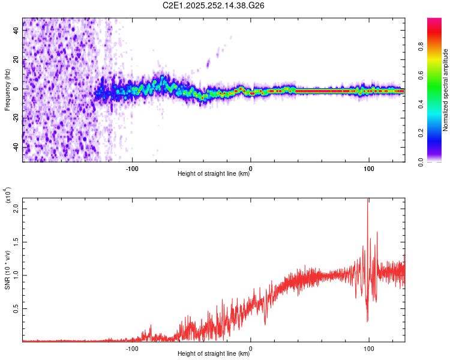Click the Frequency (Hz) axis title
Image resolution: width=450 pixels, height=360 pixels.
pos(8,90)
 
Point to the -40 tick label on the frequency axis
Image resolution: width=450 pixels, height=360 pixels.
pos(16,147)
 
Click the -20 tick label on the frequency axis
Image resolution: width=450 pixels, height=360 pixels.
pos(16,118)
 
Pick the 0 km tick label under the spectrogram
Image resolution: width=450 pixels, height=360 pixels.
pos(251,168)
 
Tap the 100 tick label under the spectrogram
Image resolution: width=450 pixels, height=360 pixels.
pos(368,168)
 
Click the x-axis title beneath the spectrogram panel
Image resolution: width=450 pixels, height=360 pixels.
pos(214,175)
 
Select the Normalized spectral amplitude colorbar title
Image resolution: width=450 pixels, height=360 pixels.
pos(446,90)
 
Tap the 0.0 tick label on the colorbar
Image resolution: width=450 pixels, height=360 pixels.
pos(439,161)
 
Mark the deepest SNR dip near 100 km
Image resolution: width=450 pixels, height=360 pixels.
pos(367,321)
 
